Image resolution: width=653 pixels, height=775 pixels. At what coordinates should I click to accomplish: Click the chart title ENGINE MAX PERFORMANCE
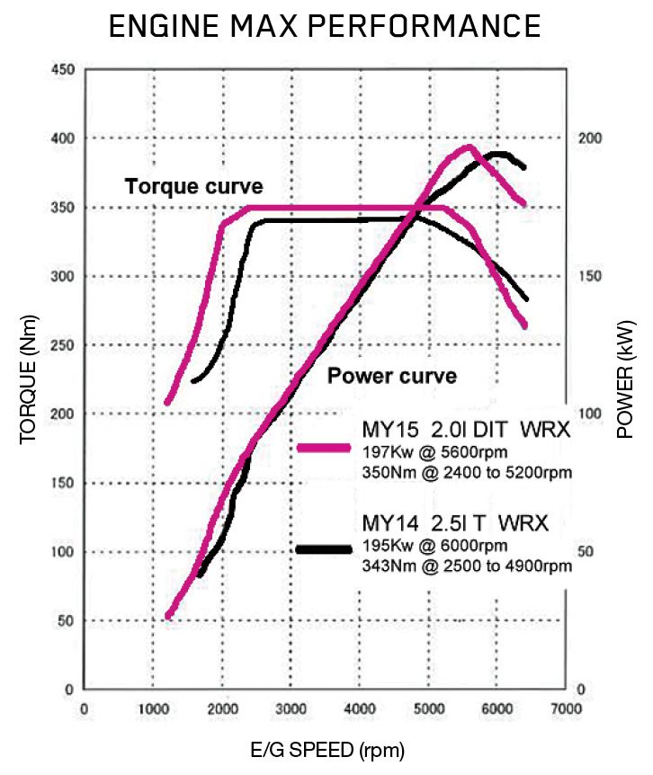[x=325, y=26]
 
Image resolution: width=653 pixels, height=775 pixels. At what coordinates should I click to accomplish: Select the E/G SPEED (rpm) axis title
[x=326, y=748]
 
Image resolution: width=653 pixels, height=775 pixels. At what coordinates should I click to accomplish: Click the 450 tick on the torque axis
[x=62, y=69]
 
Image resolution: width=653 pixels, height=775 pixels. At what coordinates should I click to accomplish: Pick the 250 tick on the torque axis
[x=62, y=345]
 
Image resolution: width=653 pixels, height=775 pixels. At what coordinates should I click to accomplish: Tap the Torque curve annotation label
[x=193, y=187]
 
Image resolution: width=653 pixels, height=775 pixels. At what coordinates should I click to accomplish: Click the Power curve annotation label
[x=391, y=376]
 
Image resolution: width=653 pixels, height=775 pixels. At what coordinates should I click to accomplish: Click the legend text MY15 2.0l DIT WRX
[x=465, y=430]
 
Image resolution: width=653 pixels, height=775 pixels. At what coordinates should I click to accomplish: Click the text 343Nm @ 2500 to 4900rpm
[x=465, y=566]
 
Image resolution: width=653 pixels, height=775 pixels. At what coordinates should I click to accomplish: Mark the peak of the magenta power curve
[x=469, y=147]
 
